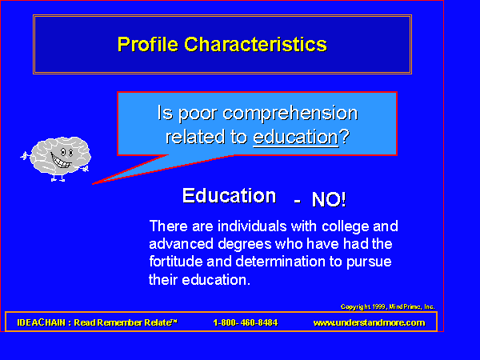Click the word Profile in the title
click(148, 45)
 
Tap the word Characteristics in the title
click(256, 45)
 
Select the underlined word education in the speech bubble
click(296, 137)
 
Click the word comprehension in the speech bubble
click(290, 114)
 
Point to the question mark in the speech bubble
click(345, 136)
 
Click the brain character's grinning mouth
click(62, 161)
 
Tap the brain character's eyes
click(66, 152)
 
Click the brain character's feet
click(58, 178)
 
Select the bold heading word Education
click(230, 196)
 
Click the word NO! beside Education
click(329, 200)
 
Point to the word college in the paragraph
click(346, 227)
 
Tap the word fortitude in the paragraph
click(175, 262)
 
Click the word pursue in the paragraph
click(369, 262)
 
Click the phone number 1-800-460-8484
click(246, 322)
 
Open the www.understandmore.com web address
click(369, 322)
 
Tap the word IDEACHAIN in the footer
click(42, 322)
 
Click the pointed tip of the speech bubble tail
click(93, 184)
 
